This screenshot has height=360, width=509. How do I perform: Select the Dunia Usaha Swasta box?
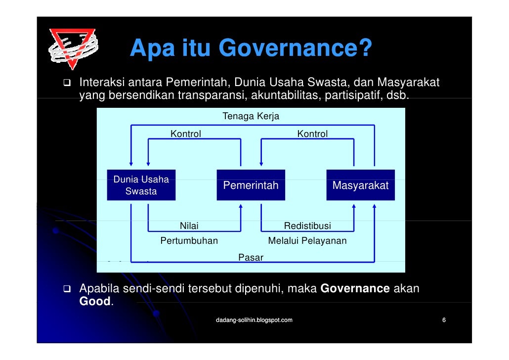141,185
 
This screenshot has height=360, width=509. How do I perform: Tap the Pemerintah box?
251,185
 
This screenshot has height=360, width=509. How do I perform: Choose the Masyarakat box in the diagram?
360,185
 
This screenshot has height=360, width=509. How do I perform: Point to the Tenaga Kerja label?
251,117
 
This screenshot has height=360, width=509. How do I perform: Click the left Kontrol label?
185,134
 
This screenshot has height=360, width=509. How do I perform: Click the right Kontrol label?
312,134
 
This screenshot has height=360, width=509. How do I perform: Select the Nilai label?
189,226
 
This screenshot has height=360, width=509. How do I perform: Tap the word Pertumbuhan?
189,241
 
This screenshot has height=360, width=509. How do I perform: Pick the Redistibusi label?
307,226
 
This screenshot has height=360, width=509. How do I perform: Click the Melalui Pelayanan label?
307,241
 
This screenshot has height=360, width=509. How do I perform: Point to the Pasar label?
251,257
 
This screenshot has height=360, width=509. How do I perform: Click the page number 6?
444,320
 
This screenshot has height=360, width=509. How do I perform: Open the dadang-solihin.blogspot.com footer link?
254,320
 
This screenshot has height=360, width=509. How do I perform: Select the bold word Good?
95,301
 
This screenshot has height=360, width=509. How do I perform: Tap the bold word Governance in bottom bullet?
355,288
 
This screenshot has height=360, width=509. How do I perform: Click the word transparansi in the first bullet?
208,94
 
